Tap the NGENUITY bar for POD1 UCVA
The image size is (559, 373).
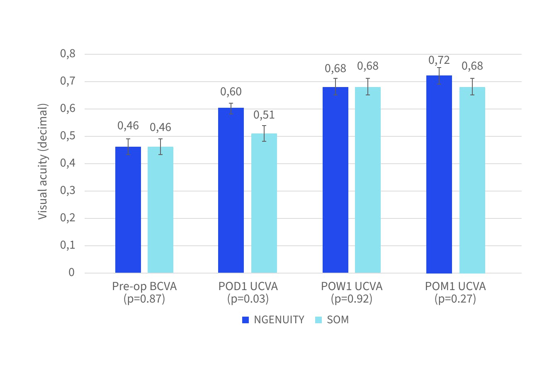pyautogui.click(x=231, y=190)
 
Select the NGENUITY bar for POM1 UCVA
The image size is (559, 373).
pyautogui.click(x=439, y=174)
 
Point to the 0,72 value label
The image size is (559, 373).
pyautogui.click(x=439, y=61)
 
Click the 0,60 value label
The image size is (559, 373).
pyautogui.click(x=231, y=92)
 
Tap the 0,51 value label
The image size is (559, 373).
pyautogui.click(x=264, y=115)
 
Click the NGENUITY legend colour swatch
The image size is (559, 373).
pyautogui.click(x=245, y=320)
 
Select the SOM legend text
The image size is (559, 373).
pyautogui.click(x=338, y=320)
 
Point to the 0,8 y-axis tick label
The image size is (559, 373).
pyautogui.click(x=68, y=53)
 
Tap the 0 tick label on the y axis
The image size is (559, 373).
pyautogui.click(x=72, y=272)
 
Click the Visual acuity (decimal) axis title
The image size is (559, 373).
pyautogui.click(x=43, y=161)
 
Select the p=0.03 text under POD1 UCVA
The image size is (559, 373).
pyautogui.click(x=248, y=299)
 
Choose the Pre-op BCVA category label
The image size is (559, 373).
pyautogui.click(x=144, y=286)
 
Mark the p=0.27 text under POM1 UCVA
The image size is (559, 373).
pyautogui.click(x=455, y=299)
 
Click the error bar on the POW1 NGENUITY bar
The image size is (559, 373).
pyautogui.click(x=335, y=87)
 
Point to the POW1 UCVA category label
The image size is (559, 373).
pyautogui.click(x=352, y=286)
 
